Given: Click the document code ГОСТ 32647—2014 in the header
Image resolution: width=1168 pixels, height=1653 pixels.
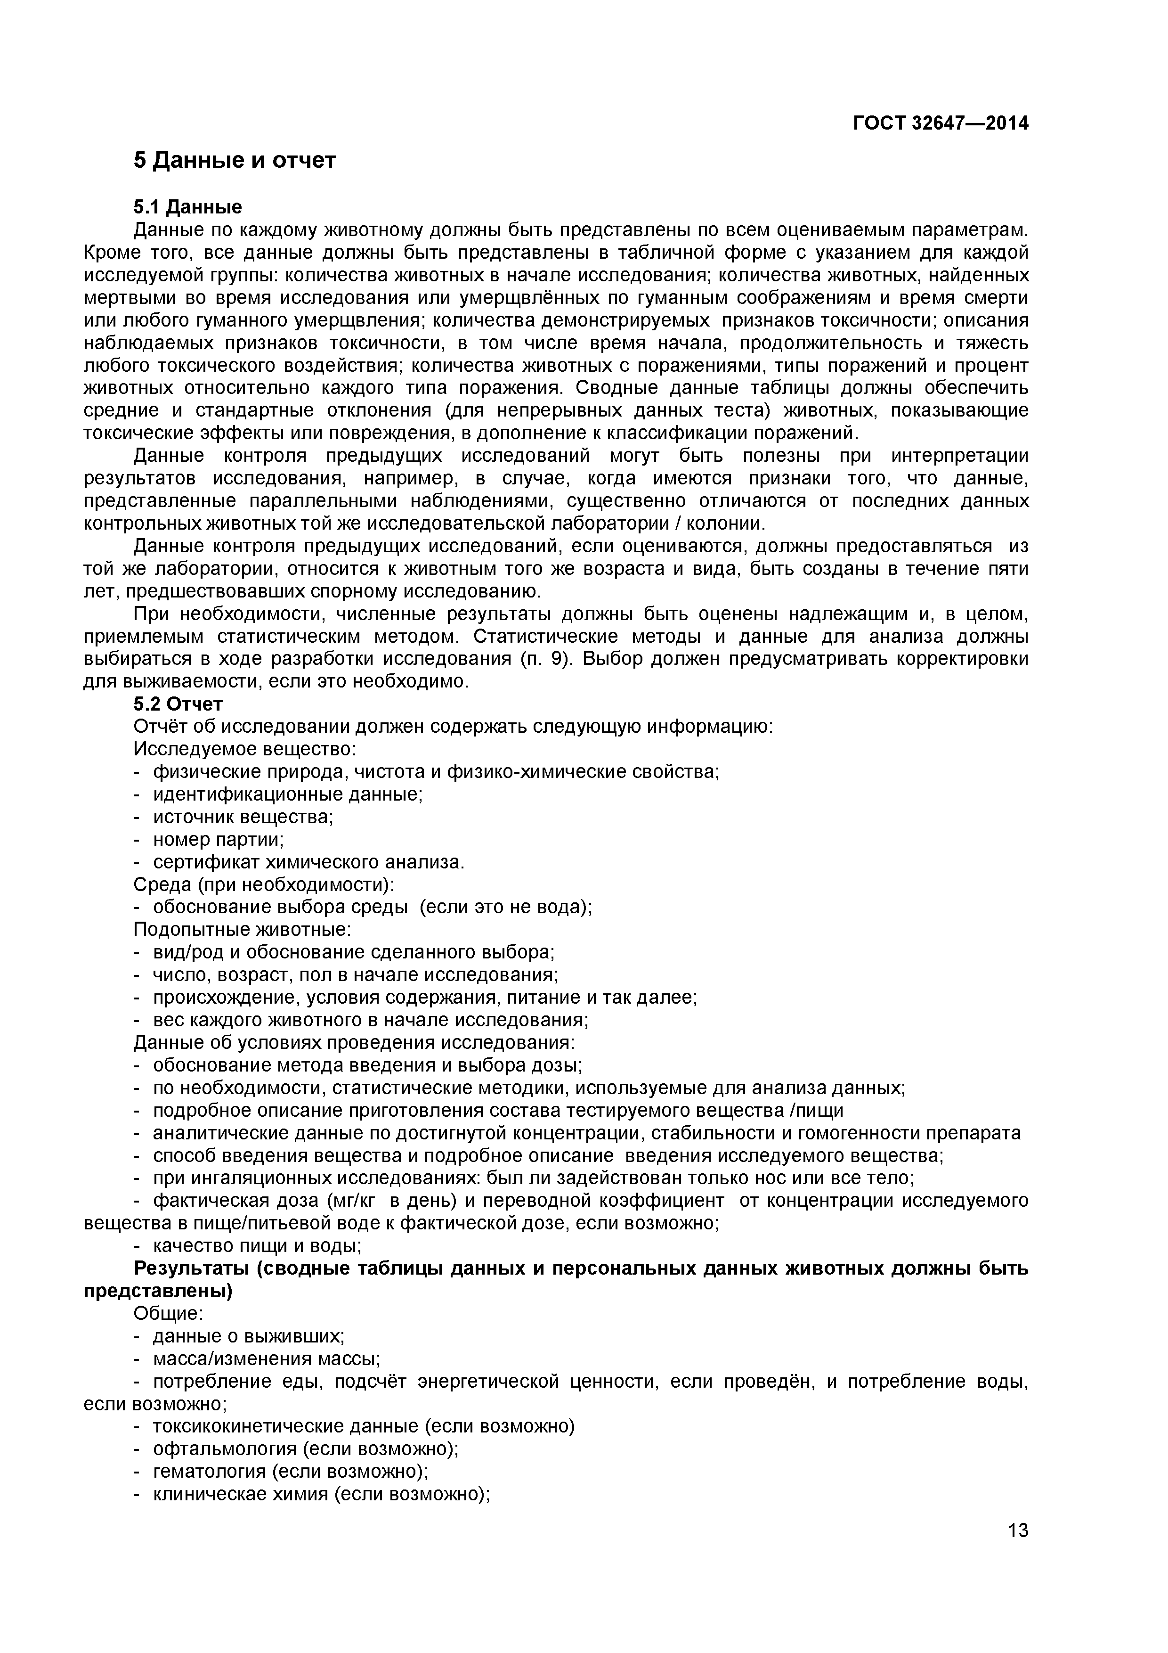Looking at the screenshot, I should (x=940, y=123).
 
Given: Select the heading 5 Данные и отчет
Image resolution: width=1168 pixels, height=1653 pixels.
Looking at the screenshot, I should (x=235, y=160).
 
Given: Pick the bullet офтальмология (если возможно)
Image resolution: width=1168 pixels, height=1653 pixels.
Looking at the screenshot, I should (x=305, y=1449).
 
